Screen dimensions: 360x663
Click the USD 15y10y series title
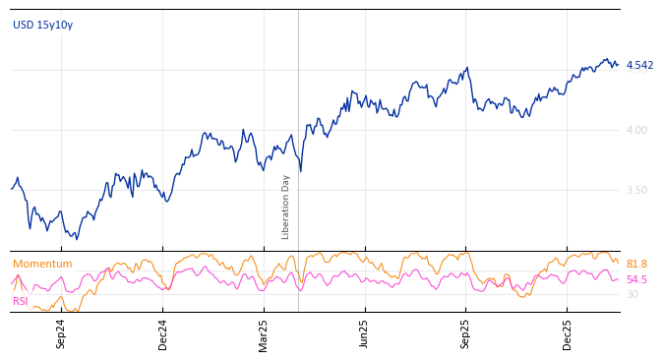[42, 25]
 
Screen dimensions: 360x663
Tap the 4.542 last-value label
[639, 66]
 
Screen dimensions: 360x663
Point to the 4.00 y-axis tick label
[636, 130]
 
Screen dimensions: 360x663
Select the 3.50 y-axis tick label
[636, 190]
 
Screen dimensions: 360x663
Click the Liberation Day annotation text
[286, 207]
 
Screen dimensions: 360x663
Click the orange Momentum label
[42, 264]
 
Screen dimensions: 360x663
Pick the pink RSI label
[21, 301]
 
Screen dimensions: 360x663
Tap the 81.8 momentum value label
[636, 264]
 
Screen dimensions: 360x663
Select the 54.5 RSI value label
[636, 279]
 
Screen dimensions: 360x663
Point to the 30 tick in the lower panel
[632, 294]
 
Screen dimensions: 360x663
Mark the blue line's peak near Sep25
[467, 68]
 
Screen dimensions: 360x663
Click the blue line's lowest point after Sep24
[77, 239]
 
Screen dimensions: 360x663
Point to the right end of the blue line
[618, 65]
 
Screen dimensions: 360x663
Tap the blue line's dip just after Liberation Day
[300, 171]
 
